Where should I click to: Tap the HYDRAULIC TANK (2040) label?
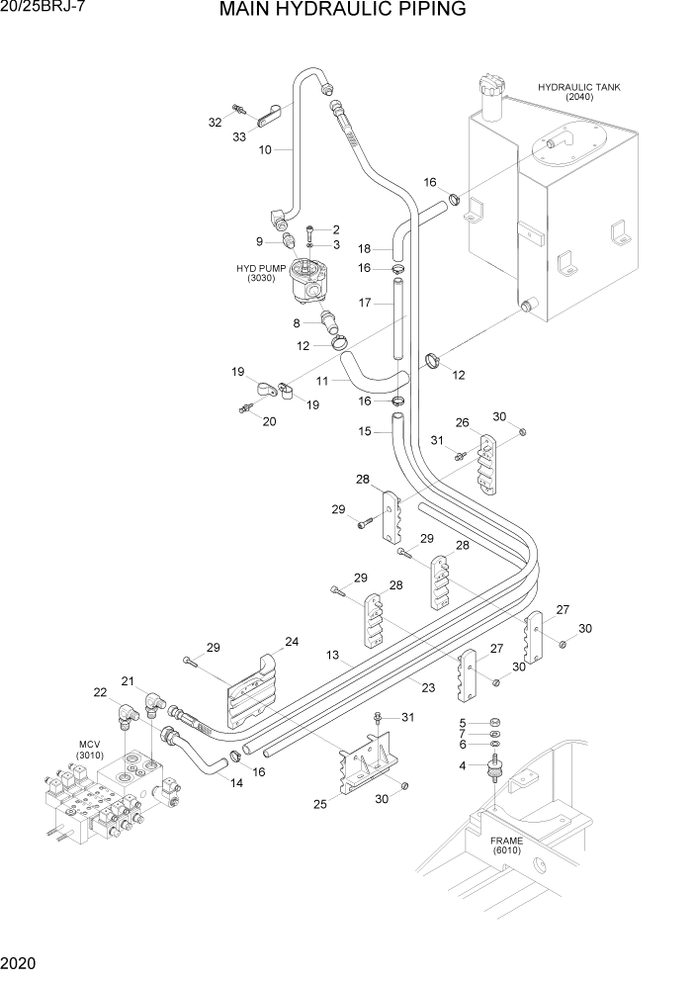pos(578,92)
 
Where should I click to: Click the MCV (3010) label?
pos(90,750)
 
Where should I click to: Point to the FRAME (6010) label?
pos(509,847)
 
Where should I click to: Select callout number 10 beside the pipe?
pos(265,150)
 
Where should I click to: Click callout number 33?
pos(239,137)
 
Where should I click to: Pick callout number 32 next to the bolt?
pos(215,123)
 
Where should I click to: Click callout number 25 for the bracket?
pos(320,804)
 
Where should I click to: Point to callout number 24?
pos(292,642)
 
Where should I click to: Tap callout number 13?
pos(333,656)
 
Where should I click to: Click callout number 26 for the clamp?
pos(462,422)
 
